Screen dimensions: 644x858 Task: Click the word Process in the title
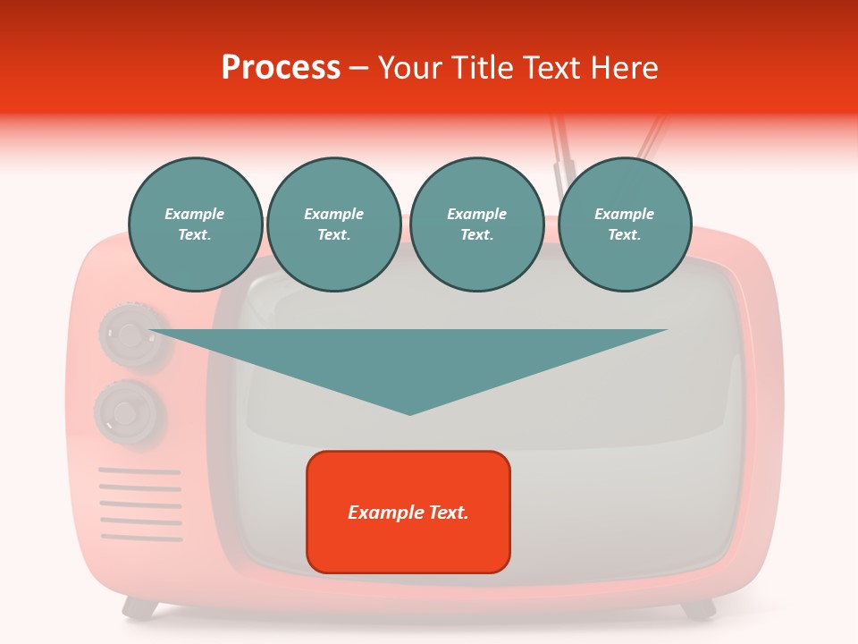coord(281,68)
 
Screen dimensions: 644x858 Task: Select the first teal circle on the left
coord(195,225)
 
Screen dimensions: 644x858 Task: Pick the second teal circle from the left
coord(333,225)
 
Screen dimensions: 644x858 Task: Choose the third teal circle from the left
coord(476,225)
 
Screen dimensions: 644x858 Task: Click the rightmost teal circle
coord(624,225)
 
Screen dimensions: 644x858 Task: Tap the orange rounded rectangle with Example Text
coord(408,512)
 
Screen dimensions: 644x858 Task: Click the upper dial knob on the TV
coord(130,335)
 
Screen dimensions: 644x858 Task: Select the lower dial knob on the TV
coord(128,412)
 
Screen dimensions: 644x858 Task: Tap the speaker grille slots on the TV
coord(140,504)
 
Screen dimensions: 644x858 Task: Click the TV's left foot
coord(139,609)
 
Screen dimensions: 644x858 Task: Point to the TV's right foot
coord(698,609)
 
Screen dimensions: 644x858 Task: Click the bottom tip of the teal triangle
coord(409,413)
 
